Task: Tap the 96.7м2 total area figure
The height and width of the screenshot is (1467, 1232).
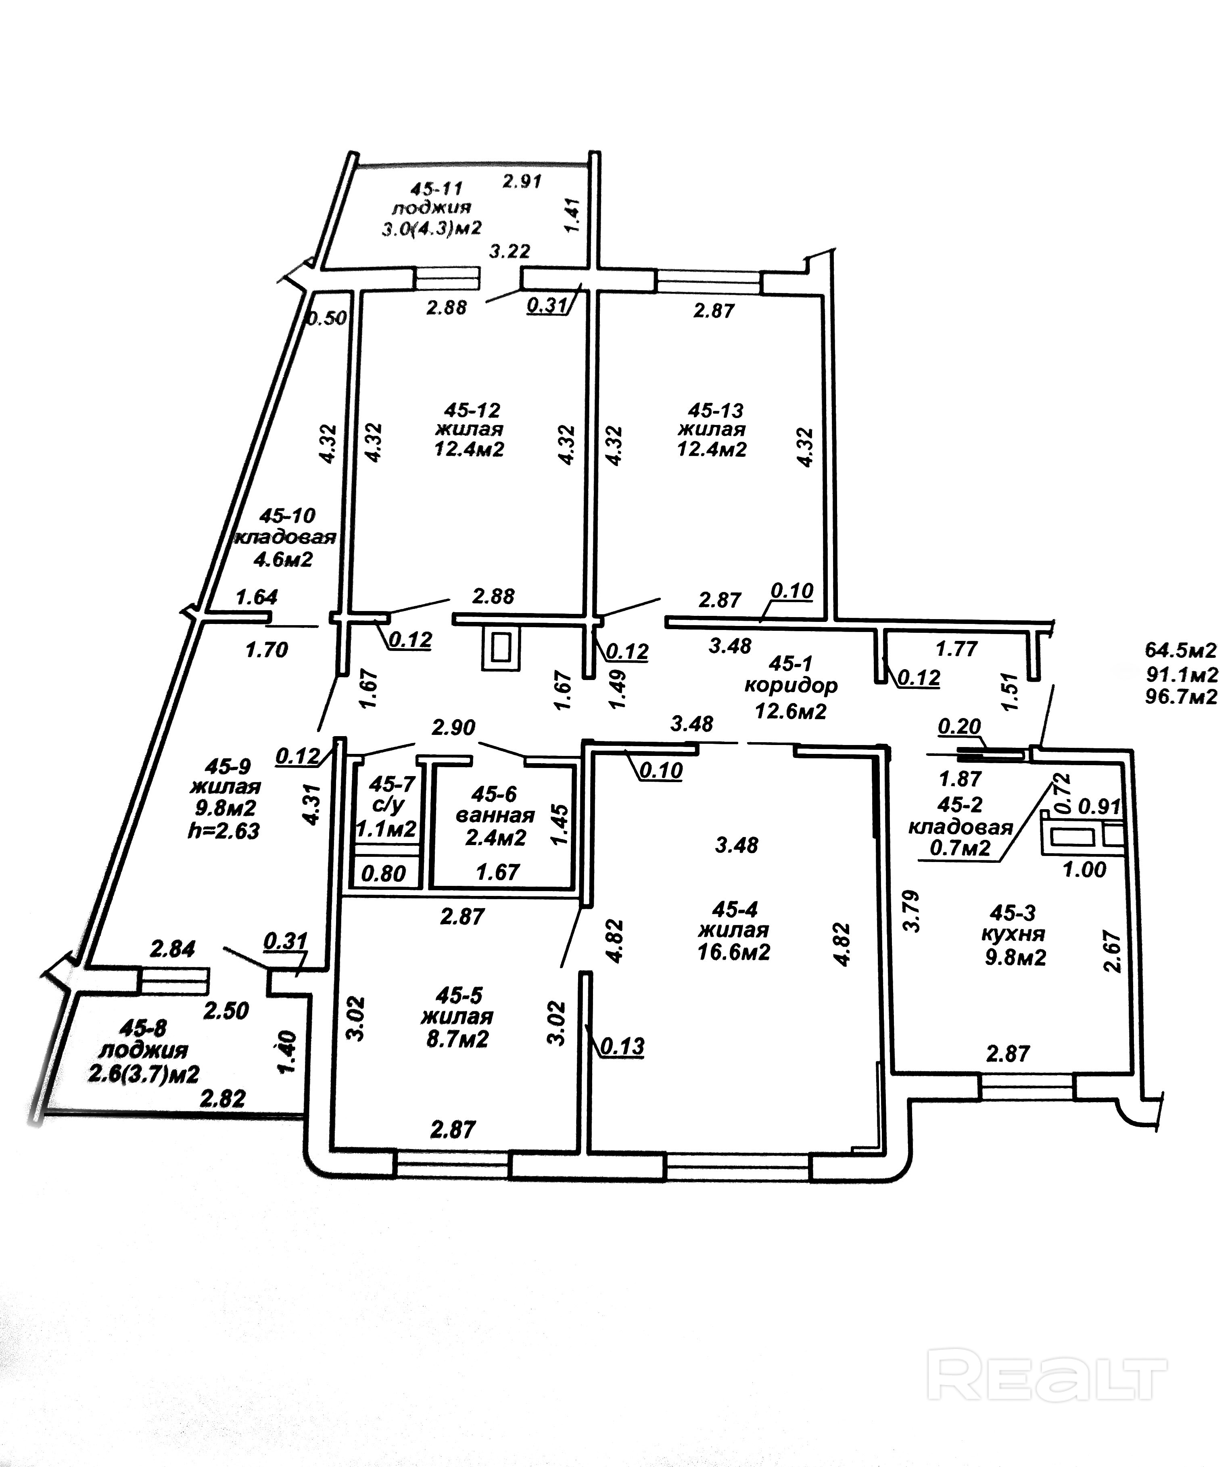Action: click(1181, 697)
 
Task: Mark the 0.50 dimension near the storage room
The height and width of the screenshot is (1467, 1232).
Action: click(328, 318)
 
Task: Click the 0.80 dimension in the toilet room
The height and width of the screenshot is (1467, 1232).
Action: click(385, 873)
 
